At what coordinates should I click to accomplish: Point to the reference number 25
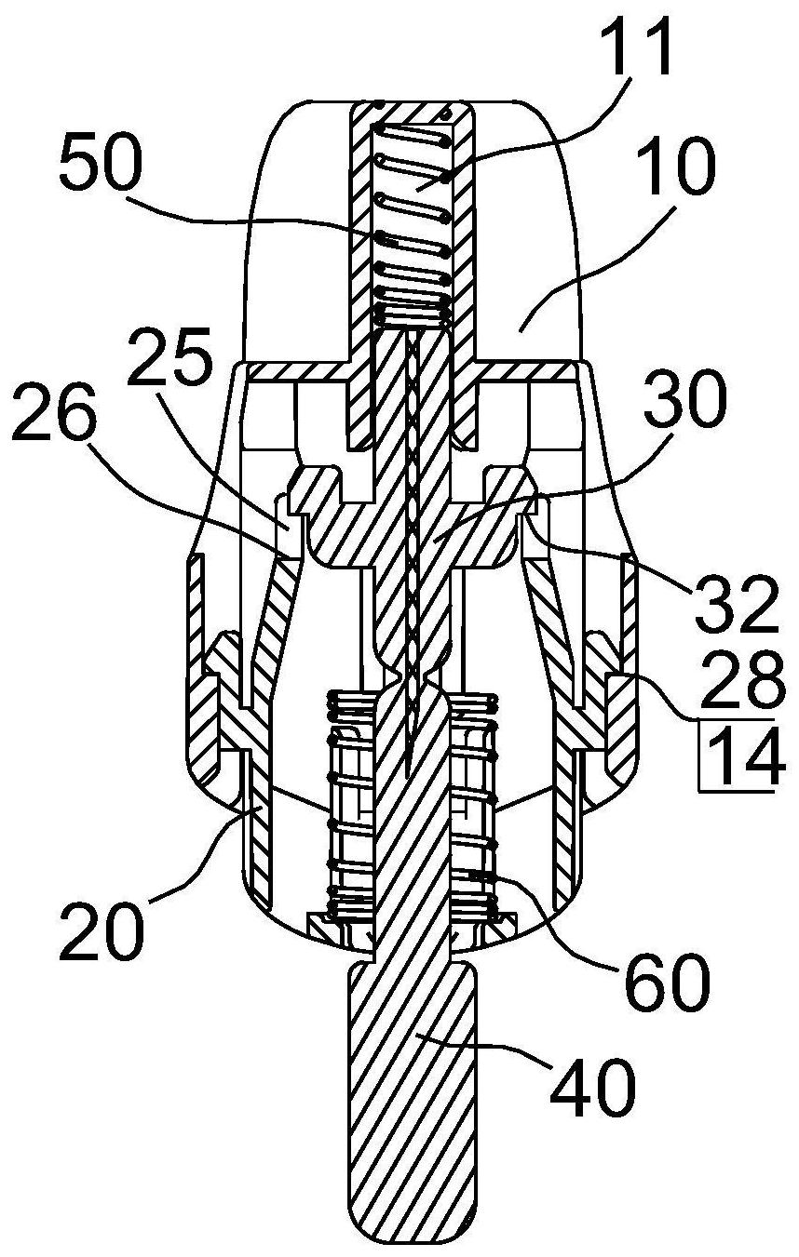(x=169, y=355)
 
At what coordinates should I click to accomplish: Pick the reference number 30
(x=684, y=401)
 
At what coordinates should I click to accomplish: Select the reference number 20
(x=102, y=929)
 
